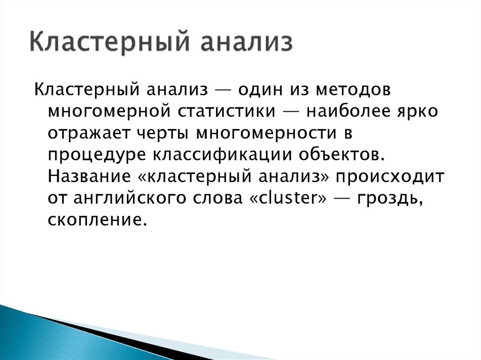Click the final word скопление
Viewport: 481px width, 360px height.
93,220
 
